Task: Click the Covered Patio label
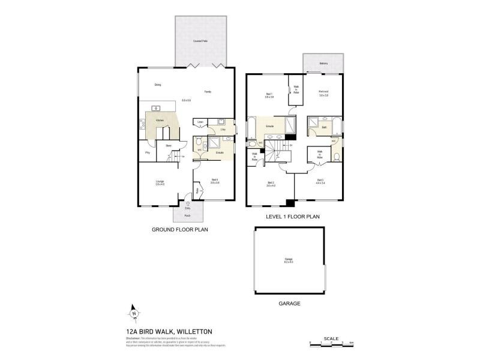point(200,41)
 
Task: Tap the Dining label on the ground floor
point(158,85)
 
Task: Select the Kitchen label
point(160,121)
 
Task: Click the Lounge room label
point(160,181)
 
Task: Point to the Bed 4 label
point(215,181)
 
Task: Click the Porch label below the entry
point(188,214)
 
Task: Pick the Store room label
point(160,145)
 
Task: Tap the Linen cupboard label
point(200,122)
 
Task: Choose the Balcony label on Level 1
point(323,63)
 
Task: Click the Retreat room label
point(323,92)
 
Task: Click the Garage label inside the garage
point(289,260)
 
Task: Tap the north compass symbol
point(134,313)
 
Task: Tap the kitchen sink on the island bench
point(155,108)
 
